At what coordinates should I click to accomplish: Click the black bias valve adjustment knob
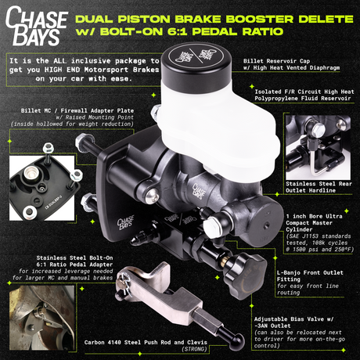pyautogui.click(x=252, y=265)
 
